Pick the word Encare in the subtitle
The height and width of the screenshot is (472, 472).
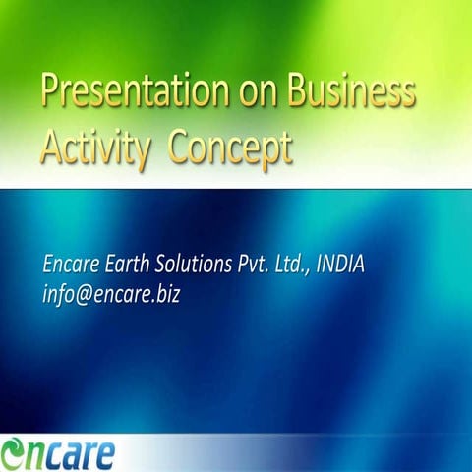pos(72,265)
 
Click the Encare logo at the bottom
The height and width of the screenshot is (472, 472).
pos(59,451)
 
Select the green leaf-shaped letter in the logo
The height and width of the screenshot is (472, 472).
pos(16,452)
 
